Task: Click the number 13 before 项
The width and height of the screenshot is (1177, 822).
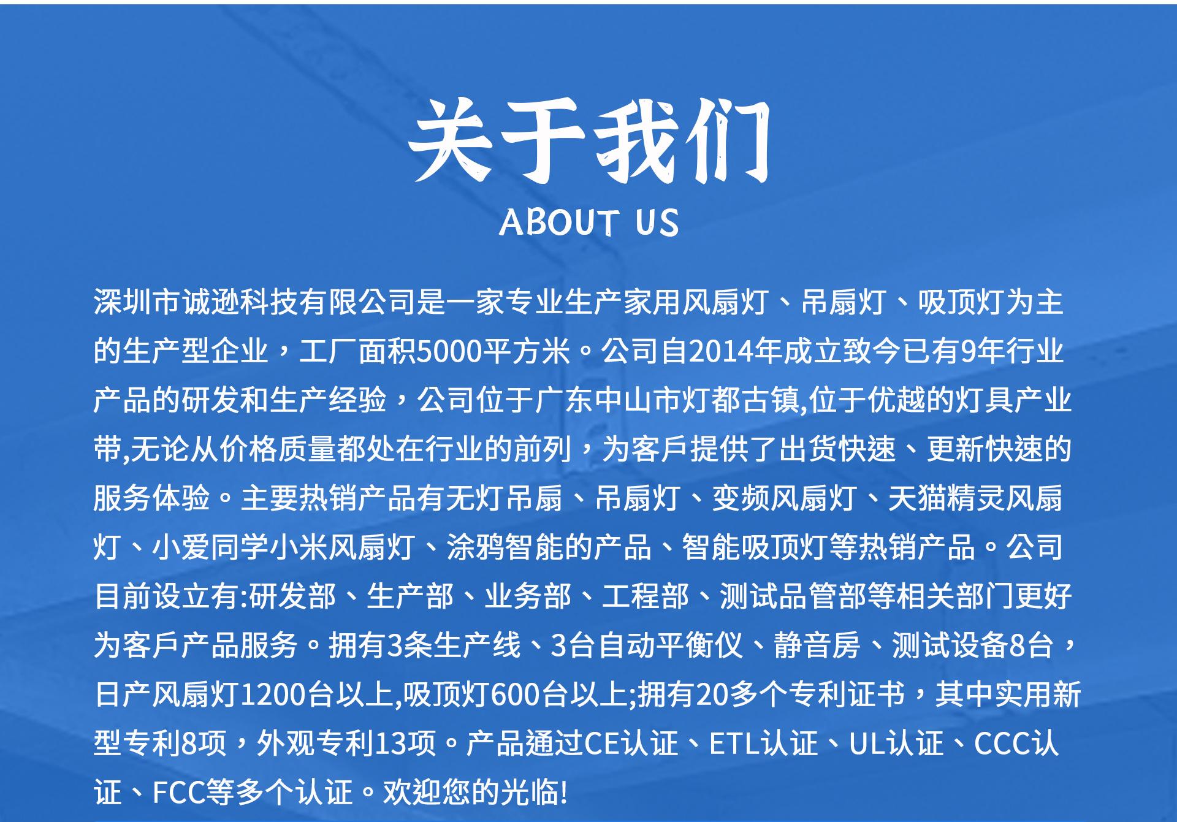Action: tap(391, 744)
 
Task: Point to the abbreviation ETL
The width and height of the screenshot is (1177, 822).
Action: tap(734, 744)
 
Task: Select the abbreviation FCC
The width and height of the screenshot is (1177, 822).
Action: tap(177, 792)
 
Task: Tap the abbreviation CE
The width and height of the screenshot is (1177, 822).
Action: tap(602, 744)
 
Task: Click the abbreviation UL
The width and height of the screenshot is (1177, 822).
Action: tap(865, 744)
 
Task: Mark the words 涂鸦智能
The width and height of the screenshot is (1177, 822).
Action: tap(505, 547)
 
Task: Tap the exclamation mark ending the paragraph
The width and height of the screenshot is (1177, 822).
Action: tap(564, 792)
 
